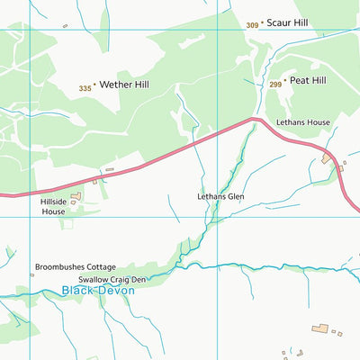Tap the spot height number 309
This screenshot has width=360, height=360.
coord(252,25)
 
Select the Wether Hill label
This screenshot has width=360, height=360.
coord(124,85)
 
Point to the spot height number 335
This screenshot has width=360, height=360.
coord(85,88)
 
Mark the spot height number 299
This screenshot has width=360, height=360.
coord(274,83)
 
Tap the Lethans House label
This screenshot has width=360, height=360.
coord(303,121)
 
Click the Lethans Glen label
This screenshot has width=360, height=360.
coord(220,195)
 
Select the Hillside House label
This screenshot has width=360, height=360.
coord(53,207)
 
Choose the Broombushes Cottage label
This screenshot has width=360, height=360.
coord(76,267)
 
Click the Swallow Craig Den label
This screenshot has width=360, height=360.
coord(112,280)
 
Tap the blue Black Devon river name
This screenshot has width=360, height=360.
coord(98,291)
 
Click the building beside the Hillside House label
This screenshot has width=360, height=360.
coord(76,194)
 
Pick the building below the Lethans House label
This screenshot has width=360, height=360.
coord(326,158)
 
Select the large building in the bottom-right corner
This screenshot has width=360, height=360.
coord(319,329)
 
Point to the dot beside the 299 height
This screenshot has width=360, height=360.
coord(285,80)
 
